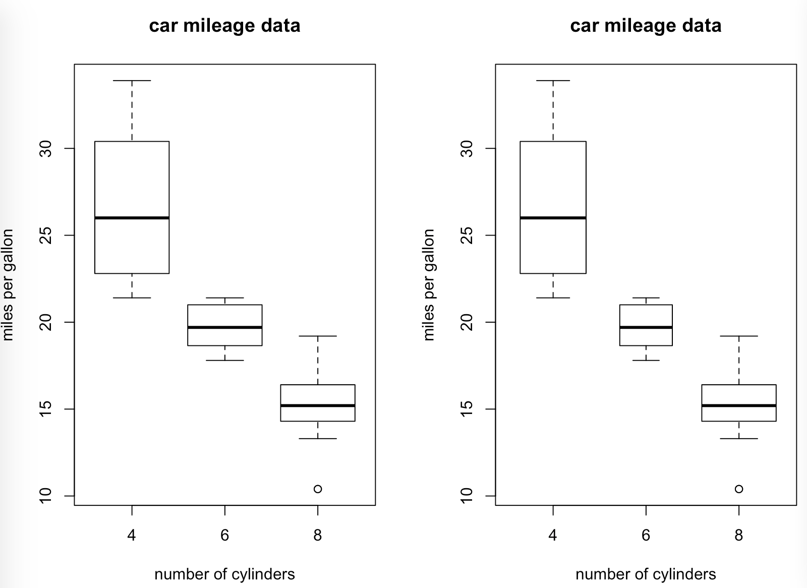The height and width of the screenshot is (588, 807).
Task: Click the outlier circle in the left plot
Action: point(318,489)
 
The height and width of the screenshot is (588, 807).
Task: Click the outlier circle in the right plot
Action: point(739,489)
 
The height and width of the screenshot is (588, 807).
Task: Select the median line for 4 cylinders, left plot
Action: point(132,218)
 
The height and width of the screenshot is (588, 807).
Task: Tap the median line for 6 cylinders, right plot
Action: point(646,327)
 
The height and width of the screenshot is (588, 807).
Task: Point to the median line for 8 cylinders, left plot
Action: point(318,405)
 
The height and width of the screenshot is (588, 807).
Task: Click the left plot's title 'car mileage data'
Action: point(224,26)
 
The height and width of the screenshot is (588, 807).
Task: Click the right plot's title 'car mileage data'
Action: point(646,26)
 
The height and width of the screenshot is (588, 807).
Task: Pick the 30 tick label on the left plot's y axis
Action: point(46,148)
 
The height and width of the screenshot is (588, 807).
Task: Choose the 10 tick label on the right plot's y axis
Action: point(467,496)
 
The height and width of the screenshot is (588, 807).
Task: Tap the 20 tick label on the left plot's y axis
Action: point(46,322)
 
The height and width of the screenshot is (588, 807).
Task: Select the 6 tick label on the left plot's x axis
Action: point(224,535)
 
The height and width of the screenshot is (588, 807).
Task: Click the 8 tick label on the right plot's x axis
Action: point(739,535)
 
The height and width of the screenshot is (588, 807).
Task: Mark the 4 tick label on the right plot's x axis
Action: point(553,535)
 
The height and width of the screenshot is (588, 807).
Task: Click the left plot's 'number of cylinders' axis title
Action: point(224,574)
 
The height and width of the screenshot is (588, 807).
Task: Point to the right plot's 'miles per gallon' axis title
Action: point(429,285)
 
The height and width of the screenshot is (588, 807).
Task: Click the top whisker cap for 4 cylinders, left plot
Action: point(132,81)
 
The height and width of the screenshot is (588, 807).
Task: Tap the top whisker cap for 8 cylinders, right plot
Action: point(739,336)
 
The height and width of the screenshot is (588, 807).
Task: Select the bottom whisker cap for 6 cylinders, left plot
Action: point(224,361)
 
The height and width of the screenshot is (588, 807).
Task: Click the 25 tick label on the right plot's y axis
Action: point(467,236)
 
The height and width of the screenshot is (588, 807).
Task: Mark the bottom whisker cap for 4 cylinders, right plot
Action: point(553,298)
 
